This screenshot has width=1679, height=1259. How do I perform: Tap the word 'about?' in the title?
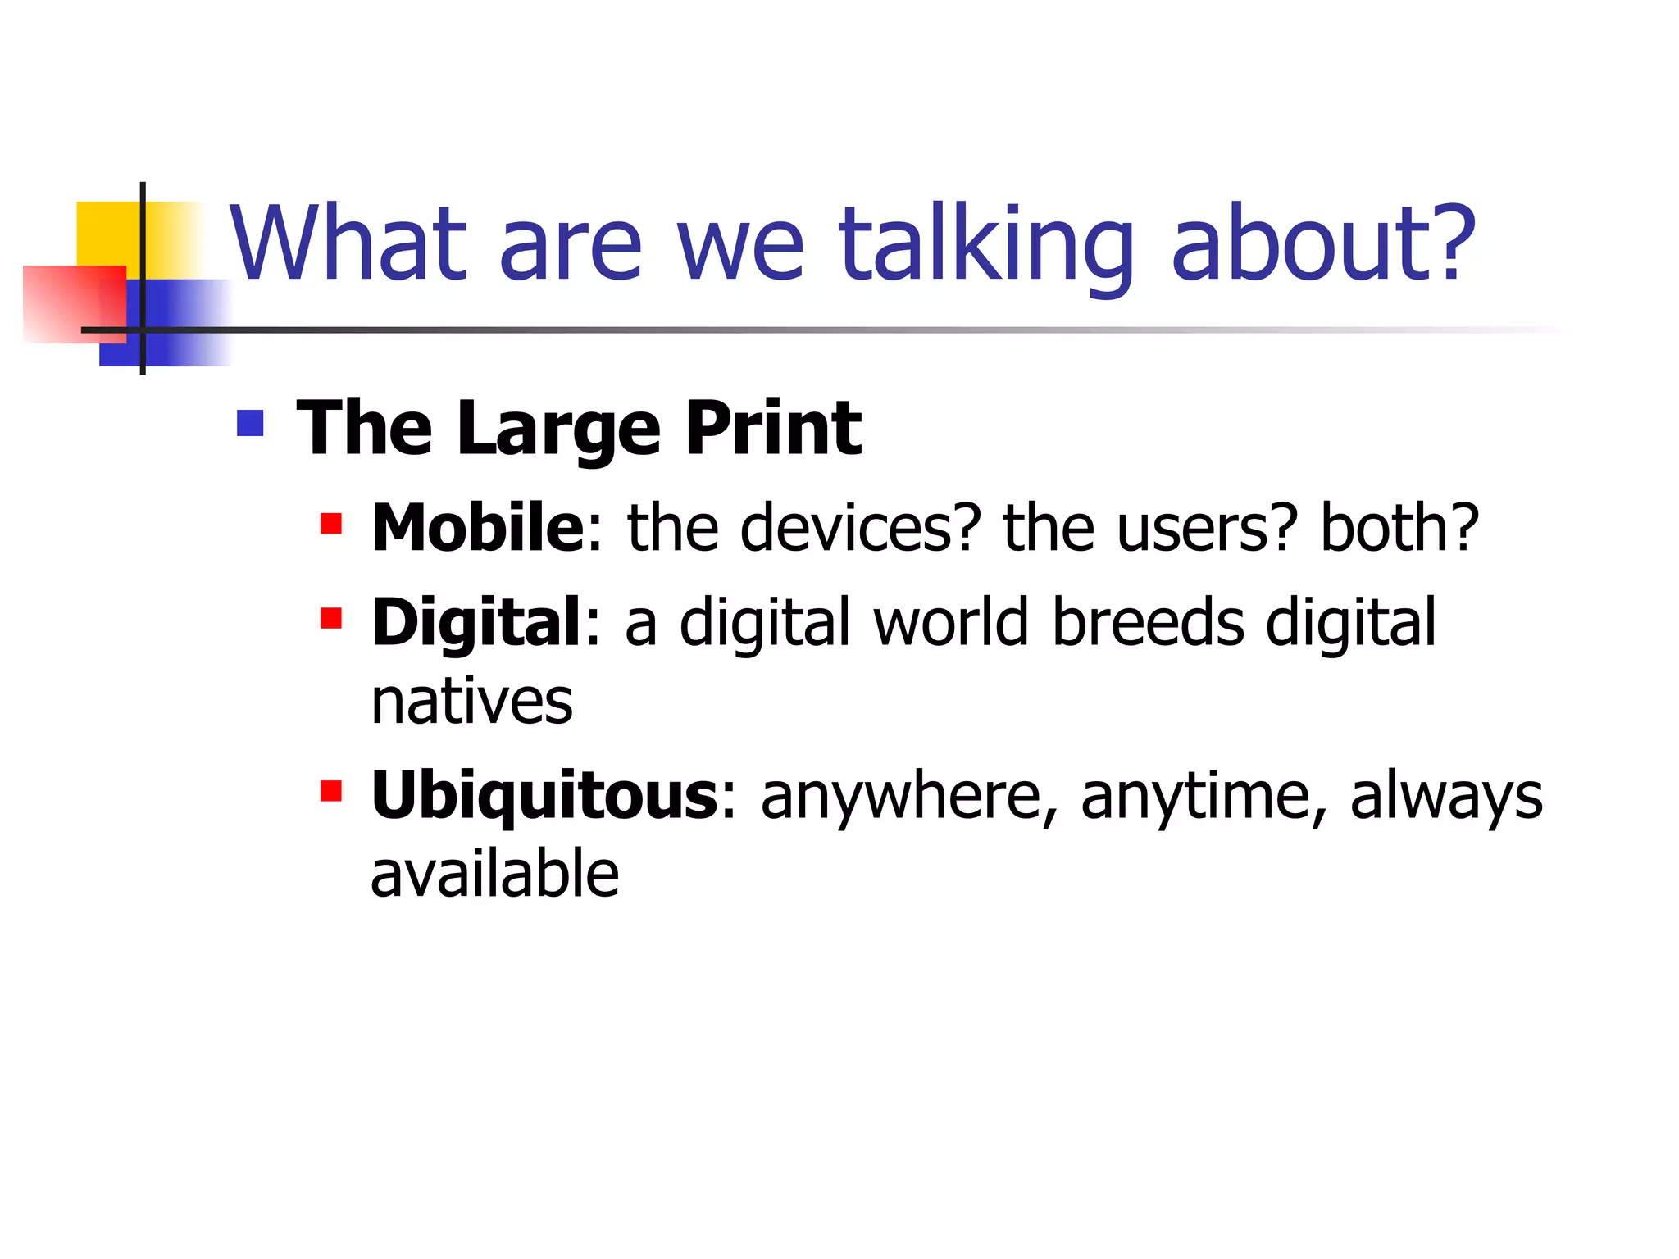click(x=1322, y=244)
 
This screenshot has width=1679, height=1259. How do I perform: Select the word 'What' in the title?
click(x=348, y=244)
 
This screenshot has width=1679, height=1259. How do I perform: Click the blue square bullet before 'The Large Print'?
click(x=250, y=423)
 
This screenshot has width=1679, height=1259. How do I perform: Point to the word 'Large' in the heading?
click(x=558, y=430)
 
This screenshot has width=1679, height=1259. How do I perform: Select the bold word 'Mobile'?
click(x=477, y=528)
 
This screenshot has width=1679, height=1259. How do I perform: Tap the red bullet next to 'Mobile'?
click(x=330, y=524)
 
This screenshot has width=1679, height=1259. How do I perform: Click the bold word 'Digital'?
click(x=476, y=623)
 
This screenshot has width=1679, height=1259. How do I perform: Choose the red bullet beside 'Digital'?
click(x=330, y=618)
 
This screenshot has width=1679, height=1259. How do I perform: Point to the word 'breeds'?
click(x=1148, y=623)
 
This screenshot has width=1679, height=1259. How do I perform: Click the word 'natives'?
click(x=471, y=702)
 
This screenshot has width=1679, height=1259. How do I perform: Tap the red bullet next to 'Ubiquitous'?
click(x=330, y=791)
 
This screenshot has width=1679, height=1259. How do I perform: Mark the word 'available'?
click(x=494, y=875)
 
